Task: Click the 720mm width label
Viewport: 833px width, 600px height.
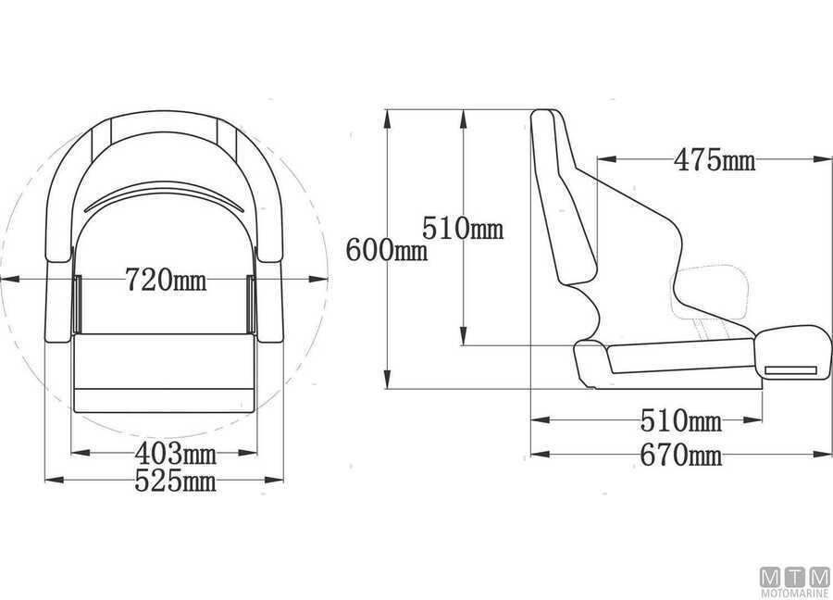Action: coord(166,280)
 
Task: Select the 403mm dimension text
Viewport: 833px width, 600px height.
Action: coord(175,454)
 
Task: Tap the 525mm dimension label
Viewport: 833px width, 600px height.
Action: coord(175,481)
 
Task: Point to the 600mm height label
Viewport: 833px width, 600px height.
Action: coord(386,250)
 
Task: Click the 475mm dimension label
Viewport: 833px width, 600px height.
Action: coord(715,159)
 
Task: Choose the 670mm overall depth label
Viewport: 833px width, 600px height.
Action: coord(681,455)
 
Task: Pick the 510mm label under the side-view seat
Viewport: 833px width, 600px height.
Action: coord(681,421)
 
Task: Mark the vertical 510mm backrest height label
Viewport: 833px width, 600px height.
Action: coord(463,229)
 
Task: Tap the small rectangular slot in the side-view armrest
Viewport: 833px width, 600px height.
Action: coord(791,370)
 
